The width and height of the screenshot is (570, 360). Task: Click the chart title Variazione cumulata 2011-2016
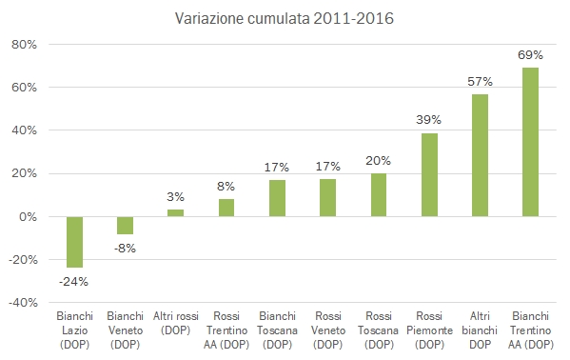pos(285,19)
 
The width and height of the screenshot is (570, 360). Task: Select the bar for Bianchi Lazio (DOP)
pos(74,242)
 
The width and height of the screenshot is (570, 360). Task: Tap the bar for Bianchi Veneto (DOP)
pos(125,225)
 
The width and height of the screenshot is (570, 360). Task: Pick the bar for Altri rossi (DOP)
pos(176,212)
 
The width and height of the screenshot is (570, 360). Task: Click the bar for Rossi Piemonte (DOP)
pos(429,174)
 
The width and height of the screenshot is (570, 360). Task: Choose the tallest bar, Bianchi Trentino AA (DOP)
pos(531,142)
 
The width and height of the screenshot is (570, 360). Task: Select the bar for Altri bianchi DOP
pos(480,155)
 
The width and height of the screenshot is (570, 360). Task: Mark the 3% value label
pos(176,197)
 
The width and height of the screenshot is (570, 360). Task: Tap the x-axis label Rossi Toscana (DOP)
pos(379,329)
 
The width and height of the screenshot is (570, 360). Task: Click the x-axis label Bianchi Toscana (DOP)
pos(277,329)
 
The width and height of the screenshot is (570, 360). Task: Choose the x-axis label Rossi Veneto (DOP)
pos(328,329)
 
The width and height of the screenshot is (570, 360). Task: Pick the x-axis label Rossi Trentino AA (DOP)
pos(226,329)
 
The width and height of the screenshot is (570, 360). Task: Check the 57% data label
pos(480,83)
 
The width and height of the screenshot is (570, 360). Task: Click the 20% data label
pos(379,160)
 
